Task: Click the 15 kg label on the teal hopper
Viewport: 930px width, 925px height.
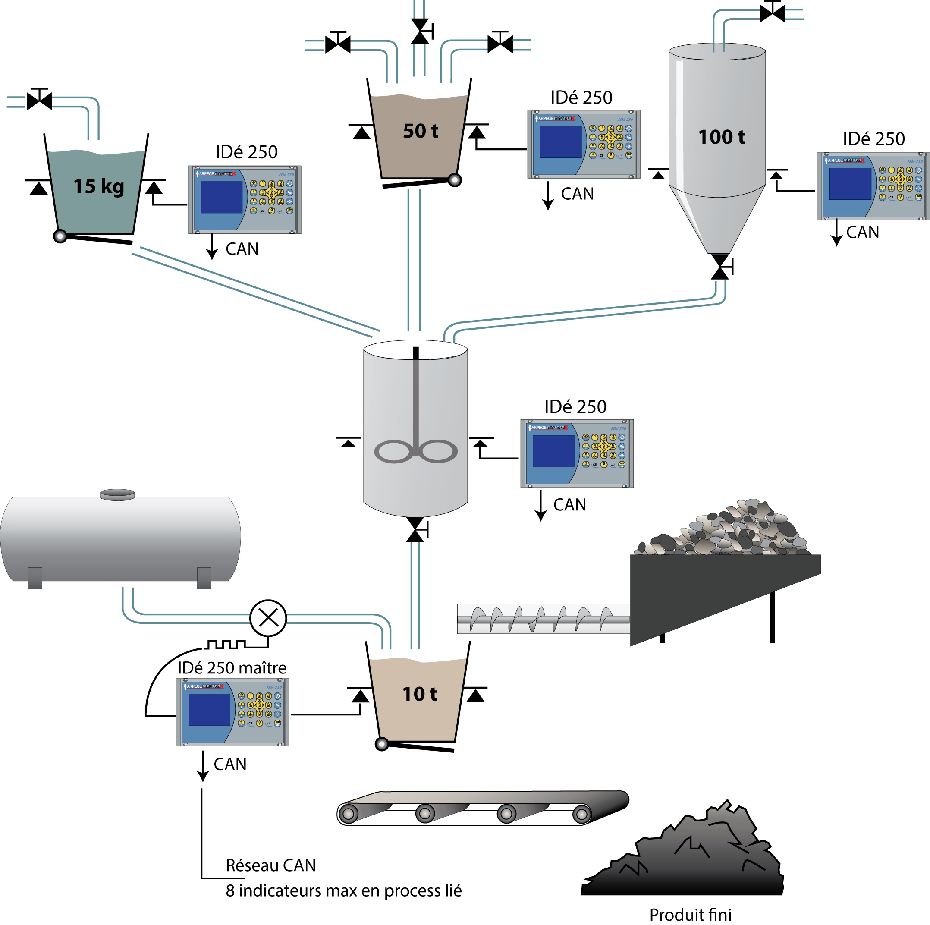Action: coord(99,186)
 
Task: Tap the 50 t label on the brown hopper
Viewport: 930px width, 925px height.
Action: coord(420,131)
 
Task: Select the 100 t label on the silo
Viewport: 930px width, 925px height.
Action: coord(721,137)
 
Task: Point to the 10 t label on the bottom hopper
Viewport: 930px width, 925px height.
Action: coord(420,694)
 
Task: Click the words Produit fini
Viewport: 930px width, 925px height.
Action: coord(690,914)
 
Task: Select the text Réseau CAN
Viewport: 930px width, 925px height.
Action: coord(270,865)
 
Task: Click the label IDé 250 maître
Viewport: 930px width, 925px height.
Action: coord(232,668)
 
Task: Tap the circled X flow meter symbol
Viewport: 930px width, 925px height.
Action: coord(268,618)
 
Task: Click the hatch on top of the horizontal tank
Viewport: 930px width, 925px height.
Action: coord(117,494)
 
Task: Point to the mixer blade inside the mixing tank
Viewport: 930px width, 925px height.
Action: coord(415,451)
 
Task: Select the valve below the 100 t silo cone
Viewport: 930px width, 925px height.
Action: coord(721,267)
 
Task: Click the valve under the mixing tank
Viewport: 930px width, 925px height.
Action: coord(415,530)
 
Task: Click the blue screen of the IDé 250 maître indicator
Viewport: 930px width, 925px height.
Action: coord(209,709)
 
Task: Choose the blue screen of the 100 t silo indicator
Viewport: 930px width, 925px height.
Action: coord(850,183)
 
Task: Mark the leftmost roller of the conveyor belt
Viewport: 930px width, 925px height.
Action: coord(348,814)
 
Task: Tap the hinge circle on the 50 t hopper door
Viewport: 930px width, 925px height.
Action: coord(454,180)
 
